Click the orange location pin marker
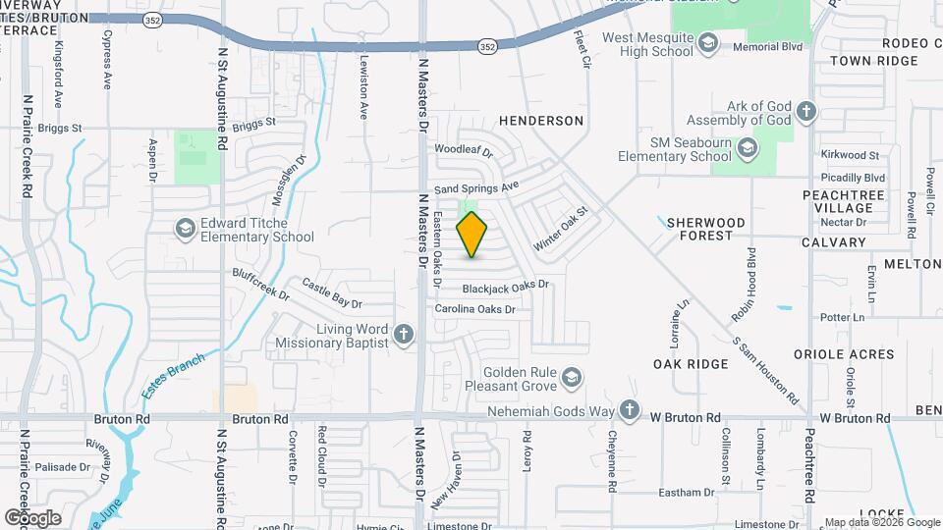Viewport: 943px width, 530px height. coord(472,234)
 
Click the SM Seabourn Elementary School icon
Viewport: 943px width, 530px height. coord(748,148)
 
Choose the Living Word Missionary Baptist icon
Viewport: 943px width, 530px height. coord(402,336)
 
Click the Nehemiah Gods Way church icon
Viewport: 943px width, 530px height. coord(629,410)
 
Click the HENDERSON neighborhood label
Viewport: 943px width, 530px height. coord(541,121)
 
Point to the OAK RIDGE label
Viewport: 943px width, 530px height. coord(692,364)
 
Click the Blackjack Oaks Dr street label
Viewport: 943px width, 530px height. coord(505,287)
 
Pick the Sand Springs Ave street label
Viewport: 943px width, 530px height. coord(476,186)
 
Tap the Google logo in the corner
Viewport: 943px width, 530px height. coord(32,517)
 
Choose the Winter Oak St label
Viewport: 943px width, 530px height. coord(560,228)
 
